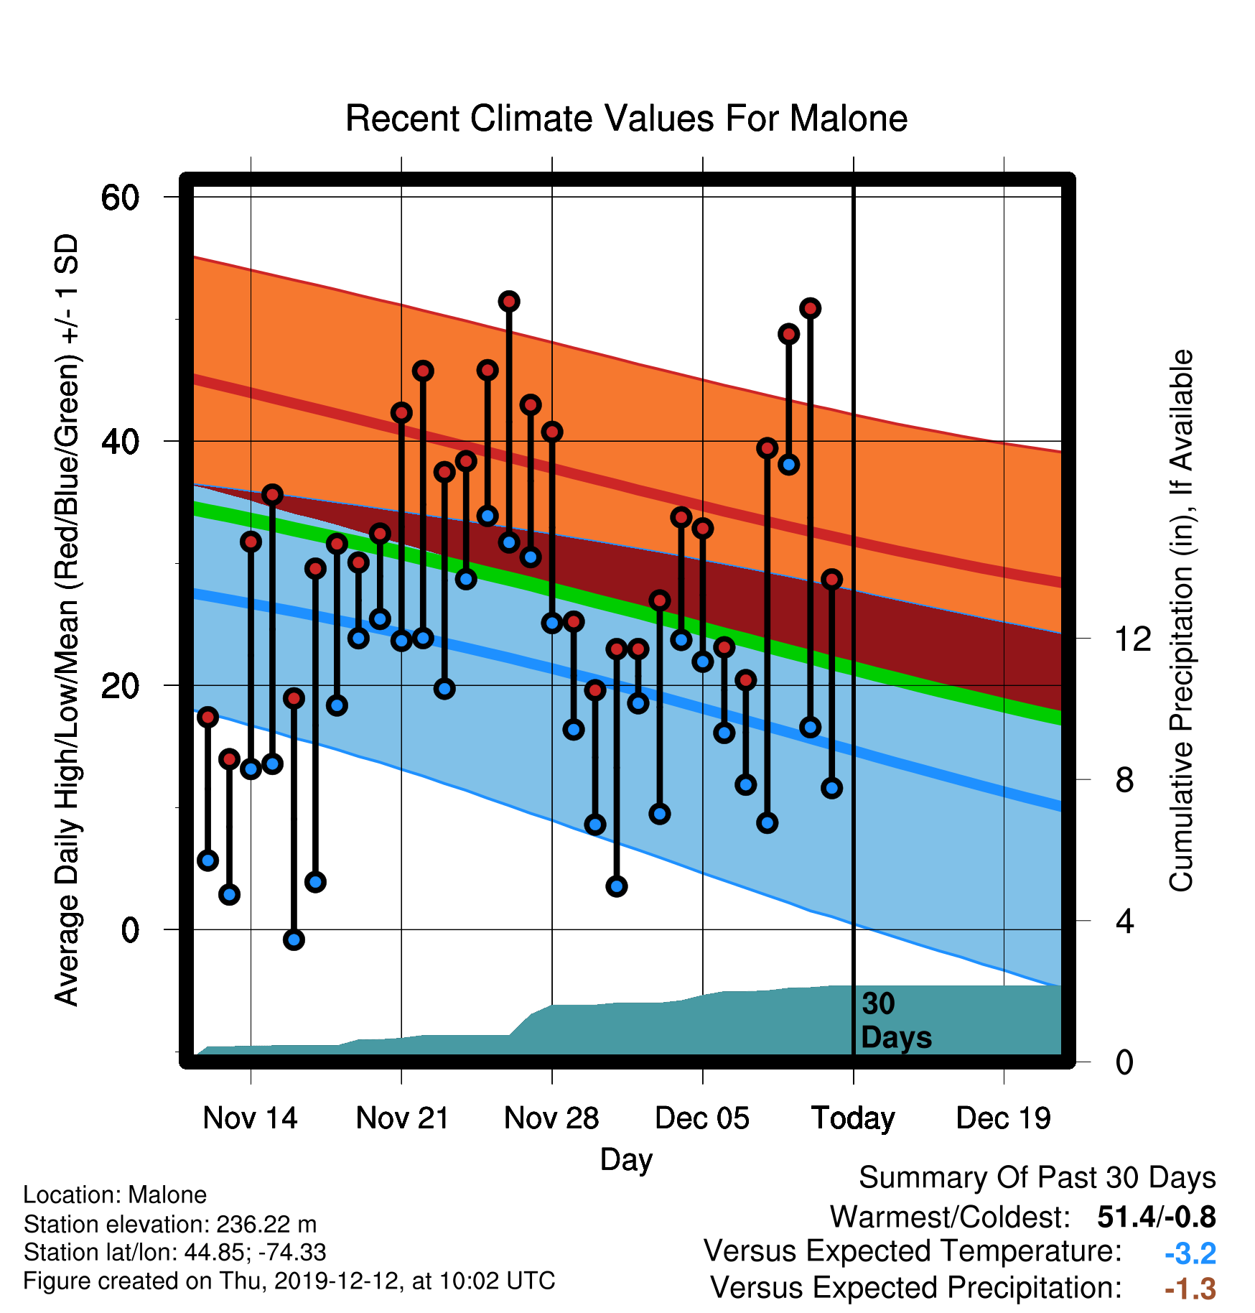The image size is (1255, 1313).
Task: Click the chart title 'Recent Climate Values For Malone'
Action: [x=626, y=119]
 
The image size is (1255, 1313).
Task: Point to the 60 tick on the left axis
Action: [x=120, y=198]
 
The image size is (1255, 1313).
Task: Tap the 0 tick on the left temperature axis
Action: [x=130, y=930]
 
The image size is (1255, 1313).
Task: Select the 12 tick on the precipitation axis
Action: [x=1133, y=639]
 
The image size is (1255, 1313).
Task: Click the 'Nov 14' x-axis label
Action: [x=250, y=1118]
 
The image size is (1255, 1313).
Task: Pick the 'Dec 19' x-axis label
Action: [x=1003, y=1118]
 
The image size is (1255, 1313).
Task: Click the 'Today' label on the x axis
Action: [x=853, y=1119]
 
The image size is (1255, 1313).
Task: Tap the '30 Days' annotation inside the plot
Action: [x=896, y=1021]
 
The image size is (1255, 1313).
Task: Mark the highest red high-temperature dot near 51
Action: [x=509, y=302]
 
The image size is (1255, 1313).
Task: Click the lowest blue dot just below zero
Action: [x=294, y=939]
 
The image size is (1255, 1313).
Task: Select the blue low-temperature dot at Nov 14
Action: [x=251, y=769]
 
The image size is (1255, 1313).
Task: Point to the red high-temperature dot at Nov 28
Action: [x=552, y=432]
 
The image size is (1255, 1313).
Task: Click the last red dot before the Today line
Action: [x=831, y=579]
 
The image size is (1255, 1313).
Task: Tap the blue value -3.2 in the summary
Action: [x=1190, y=1253]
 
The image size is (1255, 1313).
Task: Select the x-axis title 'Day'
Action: [x=626, y=1160]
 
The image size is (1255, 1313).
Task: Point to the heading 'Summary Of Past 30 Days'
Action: [x=1037, y=1178]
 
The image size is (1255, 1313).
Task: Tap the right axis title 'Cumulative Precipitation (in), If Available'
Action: [x=1181, y=621]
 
